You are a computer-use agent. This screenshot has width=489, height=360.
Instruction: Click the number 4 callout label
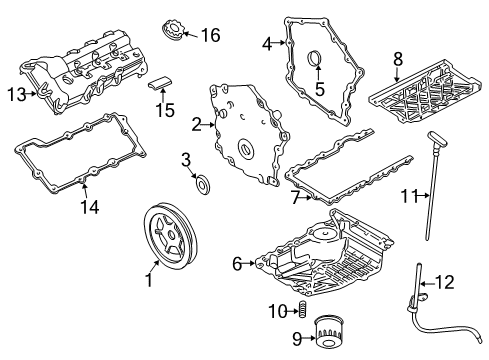267,43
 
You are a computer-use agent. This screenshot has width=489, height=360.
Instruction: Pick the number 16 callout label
210,35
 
